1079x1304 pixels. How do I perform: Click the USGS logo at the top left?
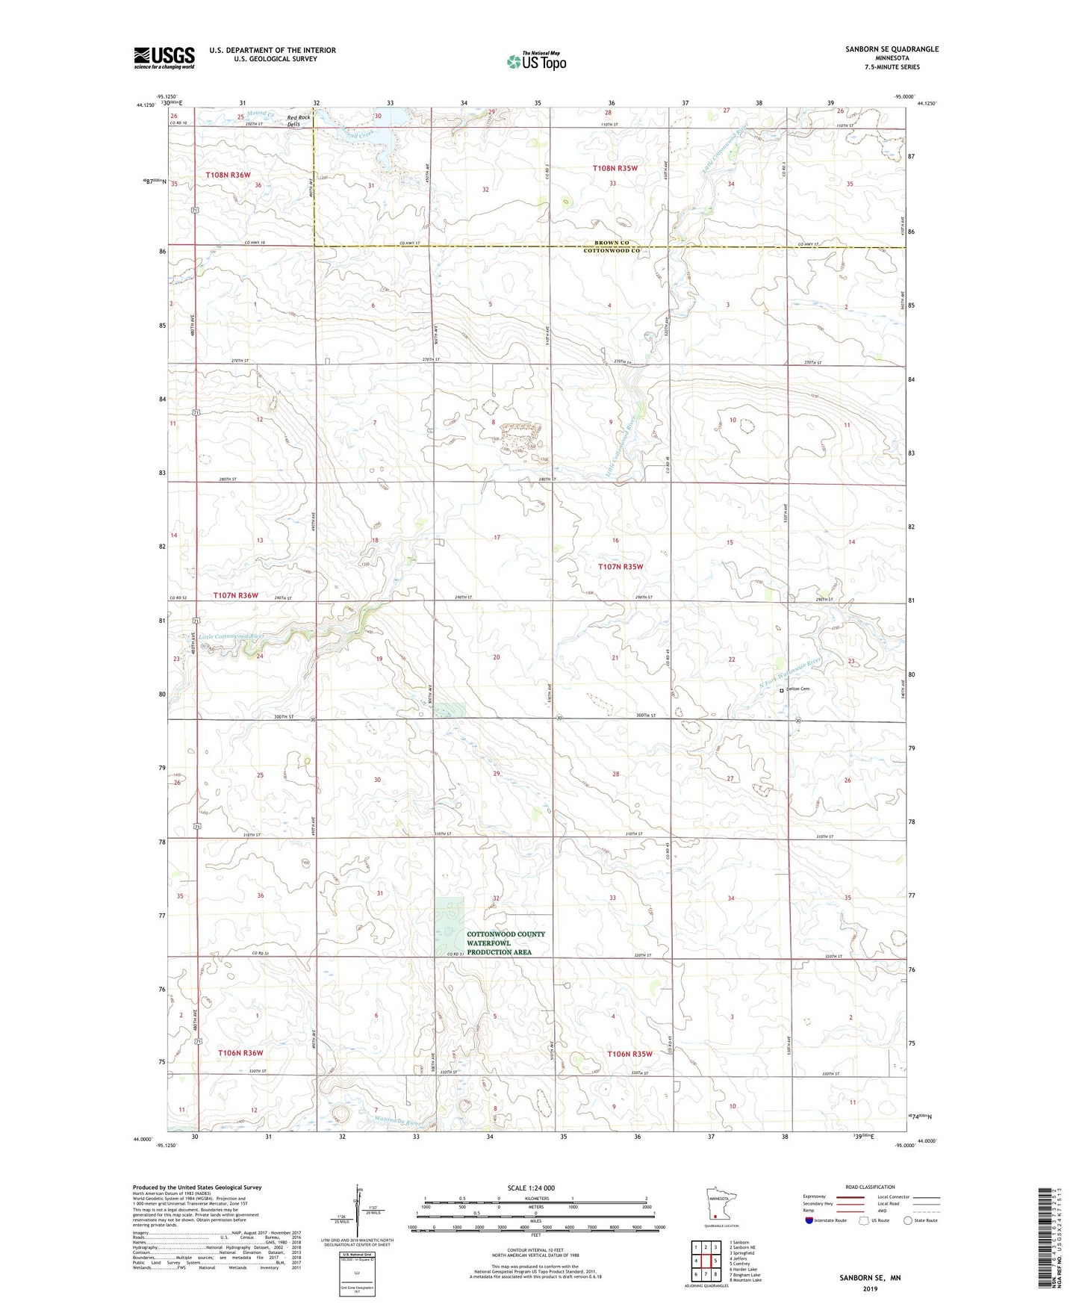click(164, 58)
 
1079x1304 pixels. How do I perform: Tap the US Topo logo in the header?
click(536, 61)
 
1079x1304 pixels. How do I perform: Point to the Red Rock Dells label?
click(299, 120)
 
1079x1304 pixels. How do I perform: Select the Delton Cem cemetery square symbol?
click(782, 691)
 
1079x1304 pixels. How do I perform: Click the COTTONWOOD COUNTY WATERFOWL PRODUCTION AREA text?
click(506, 943)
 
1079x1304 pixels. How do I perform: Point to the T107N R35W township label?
click(620, 567)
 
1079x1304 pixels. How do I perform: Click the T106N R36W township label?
click(240, 1053)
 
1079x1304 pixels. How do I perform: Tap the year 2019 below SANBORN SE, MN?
click(870, 1289)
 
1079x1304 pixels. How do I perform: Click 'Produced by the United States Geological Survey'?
click(197, 1187)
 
